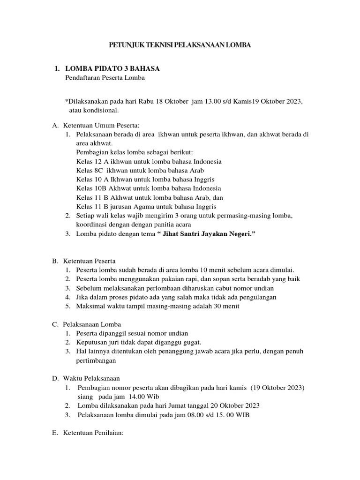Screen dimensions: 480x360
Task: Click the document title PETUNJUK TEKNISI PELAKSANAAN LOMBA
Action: (x=180, y=45)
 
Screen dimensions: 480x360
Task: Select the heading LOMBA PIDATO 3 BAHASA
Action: (x=112, y=69)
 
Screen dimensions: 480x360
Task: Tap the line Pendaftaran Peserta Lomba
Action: (x=105, y=78)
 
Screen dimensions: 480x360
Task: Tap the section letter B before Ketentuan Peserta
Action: (x=54, y=261)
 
